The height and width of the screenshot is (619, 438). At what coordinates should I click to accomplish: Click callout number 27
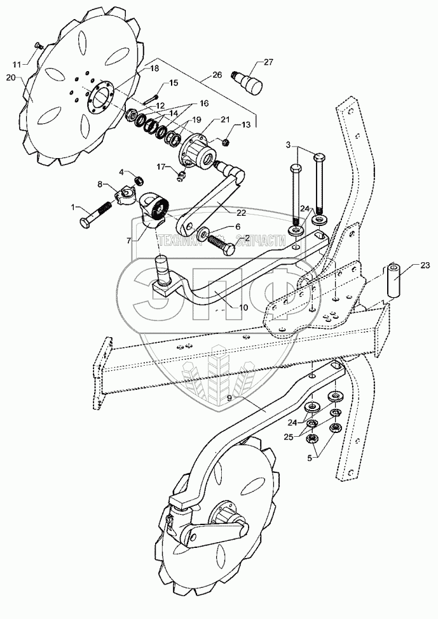pyautogui.click(x=268, y=62)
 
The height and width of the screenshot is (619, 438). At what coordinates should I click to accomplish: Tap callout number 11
pyautogui.click(x=17, y=63)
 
